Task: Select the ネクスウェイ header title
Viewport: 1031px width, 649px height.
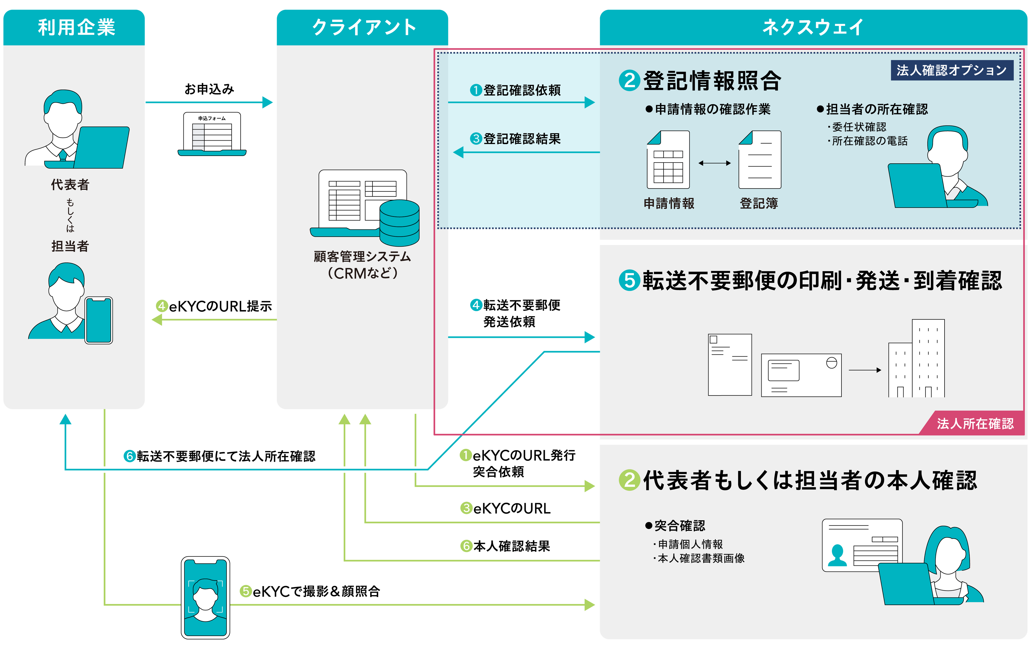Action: (813, 27)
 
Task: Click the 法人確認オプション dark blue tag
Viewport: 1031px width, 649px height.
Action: (951, 70)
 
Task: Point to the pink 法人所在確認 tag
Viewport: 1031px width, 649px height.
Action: (974, 424)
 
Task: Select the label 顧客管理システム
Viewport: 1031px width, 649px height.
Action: (362, 256)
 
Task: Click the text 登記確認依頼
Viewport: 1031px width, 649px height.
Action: (522, 90)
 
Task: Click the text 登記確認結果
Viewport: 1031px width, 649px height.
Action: (522, 139)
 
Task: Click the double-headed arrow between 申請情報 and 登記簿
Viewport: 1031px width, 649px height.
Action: (714, 163)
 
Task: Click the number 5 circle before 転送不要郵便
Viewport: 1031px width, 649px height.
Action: (629, 281)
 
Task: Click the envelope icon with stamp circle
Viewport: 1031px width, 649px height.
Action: (801, 375)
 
